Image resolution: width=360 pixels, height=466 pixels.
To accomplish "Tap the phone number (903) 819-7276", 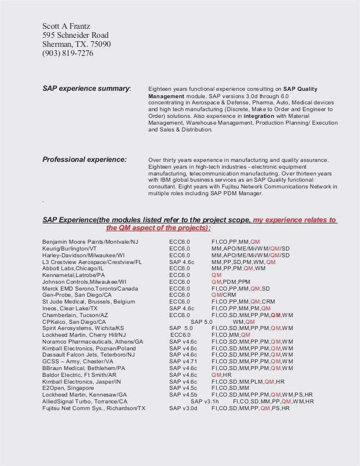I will point(68,54).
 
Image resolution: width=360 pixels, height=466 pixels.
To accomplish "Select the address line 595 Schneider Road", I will point(75,36).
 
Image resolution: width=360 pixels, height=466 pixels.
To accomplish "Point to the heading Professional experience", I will point(84,160).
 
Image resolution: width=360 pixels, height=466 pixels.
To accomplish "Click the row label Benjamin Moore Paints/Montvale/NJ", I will point(90,241).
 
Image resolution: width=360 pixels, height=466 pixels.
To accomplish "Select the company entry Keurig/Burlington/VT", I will point(69,248).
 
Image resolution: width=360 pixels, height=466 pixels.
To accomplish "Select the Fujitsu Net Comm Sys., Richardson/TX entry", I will point(94,408).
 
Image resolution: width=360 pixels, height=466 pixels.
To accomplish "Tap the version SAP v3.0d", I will point(183,408).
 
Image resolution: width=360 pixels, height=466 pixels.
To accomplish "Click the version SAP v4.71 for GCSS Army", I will point(183,361).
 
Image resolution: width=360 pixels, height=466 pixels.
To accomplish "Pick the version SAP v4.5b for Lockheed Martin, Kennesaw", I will point(183,394).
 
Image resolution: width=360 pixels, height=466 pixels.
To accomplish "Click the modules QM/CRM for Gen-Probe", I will point(224,295).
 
